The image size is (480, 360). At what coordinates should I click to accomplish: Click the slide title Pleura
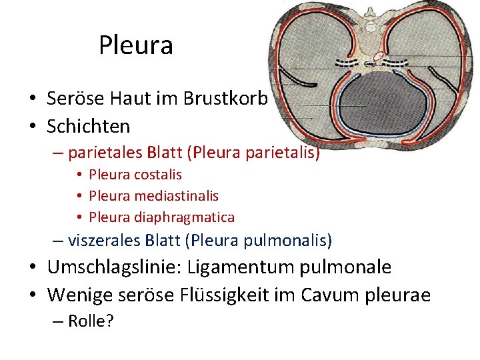[x=136, y=45]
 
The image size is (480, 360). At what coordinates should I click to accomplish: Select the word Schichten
[x=89, y=125]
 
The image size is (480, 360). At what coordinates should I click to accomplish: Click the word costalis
[x=159, y=175]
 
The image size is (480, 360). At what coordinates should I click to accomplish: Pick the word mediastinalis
[x=176, y=196]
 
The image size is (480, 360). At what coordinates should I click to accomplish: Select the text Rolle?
[x=91, y=321]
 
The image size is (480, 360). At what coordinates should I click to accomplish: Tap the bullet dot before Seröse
[x=32, y=99]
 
